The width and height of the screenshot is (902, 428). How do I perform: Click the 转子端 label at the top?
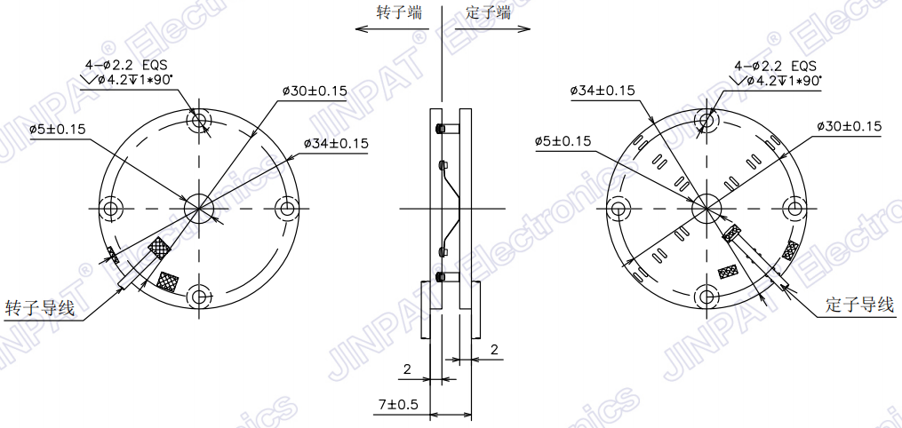(399, 12)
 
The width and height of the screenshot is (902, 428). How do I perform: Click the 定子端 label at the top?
(489, 12)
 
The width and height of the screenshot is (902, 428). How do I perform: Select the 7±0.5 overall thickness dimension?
(398, 404)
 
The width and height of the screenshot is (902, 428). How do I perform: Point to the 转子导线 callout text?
(40, 308)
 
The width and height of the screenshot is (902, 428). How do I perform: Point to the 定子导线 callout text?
(858, 305)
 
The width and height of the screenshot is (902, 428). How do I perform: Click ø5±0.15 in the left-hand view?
(57, 129)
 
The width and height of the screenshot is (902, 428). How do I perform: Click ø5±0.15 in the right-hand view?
(563, 141)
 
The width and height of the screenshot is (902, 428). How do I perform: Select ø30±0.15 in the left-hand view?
(315, 91)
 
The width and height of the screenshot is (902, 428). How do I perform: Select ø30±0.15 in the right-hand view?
(849, 126)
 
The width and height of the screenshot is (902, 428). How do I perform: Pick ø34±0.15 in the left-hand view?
(336, 143)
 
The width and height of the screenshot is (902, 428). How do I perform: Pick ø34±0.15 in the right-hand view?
(601, 91)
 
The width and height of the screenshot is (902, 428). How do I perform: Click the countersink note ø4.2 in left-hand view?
(134, 80)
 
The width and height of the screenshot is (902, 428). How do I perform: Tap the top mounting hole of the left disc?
(199, 121)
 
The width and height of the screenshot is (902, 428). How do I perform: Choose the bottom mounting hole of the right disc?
(706, 296)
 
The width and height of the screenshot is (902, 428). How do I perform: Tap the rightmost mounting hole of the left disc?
(286, 209)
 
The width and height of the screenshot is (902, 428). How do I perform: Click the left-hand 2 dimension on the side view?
(407, 368)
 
